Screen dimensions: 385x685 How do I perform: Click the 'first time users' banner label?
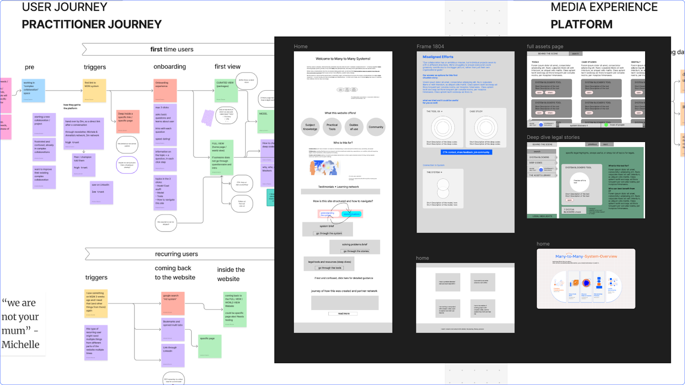[x=172, y=50]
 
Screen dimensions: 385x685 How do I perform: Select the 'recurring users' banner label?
[x=176, y=254]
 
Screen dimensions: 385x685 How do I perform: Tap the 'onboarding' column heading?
[x=170, y=67]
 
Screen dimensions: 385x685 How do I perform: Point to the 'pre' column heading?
[x=30, y=67]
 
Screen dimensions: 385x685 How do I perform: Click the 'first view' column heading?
[x=227, y=67]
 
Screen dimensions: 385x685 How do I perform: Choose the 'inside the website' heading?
[x=231, y=274]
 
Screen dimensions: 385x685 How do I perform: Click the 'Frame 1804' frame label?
[x=430, y=47]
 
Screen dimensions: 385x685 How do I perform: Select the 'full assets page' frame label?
[x=545, y=47]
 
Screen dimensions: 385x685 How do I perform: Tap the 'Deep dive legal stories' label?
[x=553, y=137]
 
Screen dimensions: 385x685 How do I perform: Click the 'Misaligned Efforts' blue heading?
[x=438, y=57]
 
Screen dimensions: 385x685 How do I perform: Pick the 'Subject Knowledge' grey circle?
[x=310, y=127]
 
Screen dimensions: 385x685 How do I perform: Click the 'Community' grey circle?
[x=376, y=127]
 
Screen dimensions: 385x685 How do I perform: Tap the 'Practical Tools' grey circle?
[x=332, y=127]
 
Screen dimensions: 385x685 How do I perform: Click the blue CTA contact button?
[x=466, y=152]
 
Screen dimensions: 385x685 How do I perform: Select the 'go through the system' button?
[x=329, y=233]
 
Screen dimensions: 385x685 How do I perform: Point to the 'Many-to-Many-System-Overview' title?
[x=586, y=257]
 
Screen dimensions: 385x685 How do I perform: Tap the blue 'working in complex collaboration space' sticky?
[x=33, y=90]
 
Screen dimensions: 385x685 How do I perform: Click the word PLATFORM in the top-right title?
[x=581, y=24]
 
